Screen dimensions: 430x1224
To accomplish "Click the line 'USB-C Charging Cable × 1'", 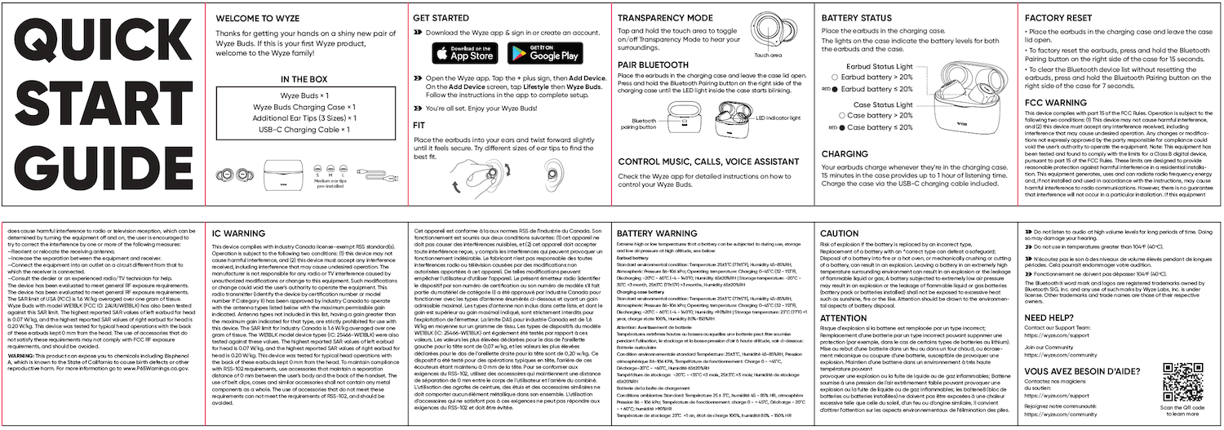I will (304, 129).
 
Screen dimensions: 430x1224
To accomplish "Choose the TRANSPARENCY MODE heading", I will (665, 18).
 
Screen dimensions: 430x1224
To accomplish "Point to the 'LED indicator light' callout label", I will (780, 118).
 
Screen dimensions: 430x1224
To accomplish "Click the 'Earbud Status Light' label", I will (881, 64).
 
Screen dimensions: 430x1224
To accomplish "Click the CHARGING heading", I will (845, 153).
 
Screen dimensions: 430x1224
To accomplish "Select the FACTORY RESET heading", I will (1067, 18).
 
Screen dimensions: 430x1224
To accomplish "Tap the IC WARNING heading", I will (238, 233).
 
